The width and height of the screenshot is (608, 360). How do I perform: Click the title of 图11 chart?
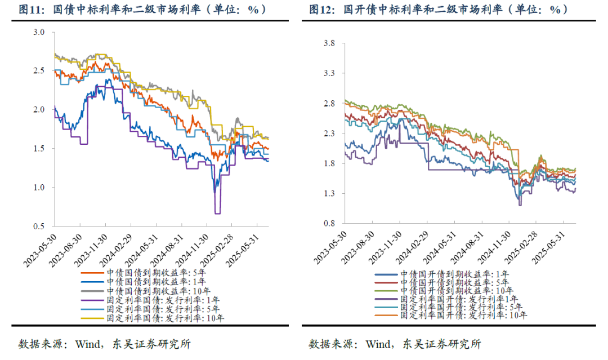tap(143, 10)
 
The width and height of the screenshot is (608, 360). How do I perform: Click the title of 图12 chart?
tap(439, 10)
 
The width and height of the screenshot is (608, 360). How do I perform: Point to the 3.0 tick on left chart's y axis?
tap(39, 32)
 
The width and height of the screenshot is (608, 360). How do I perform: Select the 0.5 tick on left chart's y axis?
tap(39, 226)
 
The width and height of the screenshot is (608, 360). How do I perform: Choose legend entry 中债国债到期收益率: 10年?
tap(159, 291)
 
